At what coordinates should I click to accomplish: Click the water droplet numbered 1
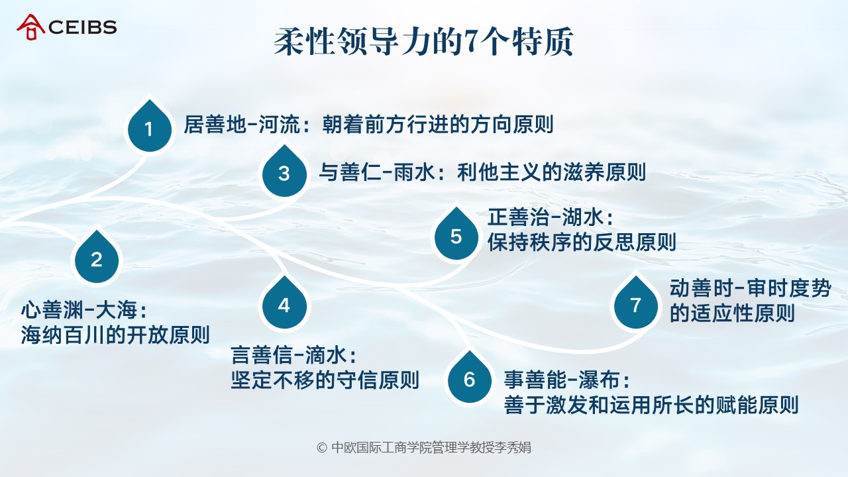[x=150, y=127]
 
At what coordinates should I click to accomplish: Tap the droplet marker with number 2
[x=97, y=258]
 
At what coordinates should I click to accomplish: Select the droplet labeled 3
[x=284, y=172]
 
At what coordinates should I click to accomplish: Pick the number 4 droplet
[x=284, y=303]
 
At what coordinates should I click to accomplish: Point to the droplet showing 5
[x=456, y=234]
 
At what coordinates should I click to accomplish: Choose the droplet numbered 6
[x=470, y=378]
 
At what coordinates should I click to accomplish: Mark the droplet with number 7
[x=636, y=303]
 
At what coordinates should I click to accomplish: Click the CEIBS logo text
[x=83, y=27]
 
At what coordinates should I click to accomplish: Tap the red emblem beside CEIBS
[x=30, y=27]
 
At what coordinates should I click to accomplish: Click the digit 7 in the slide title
[x=470, y=42]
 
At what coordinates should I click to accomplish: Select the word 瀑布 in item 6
[x=600, y=380]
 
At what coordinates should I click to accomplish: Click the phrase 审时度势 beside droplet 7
[x=789, y=288]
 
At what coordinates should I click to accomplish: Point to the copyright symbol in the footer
[x=322, y=448]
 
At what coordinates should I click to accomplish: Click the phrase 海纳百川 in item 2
[x=63, y=335]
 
